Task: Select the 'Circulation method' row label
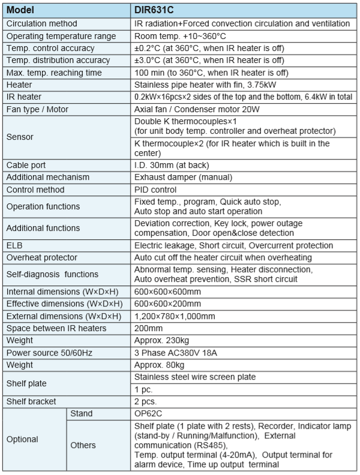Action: (x=41, y=23)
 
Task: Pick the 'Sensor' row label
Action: (x=20, y=137)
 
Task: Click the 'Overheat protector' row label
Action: (x=41, y=257)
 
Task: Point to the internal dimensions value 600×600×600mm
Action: (x=167, y=291)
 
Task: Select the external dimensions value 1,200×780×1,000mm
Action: (x=175, y=315)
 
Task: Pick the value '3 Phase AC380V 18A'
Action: (x=176, y=353)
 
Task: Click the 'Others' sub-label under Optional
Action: (x=83, y=445)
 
